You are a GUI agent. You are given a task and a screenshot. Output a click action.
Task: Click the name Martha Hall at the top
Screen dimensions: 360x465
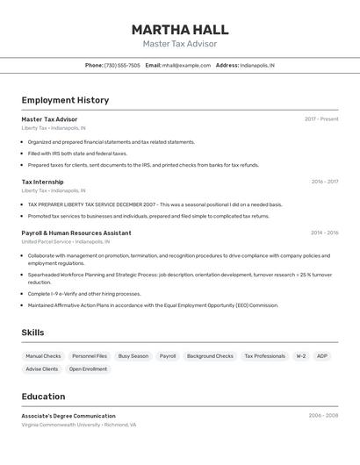pyautogui.click(x=179, y=29)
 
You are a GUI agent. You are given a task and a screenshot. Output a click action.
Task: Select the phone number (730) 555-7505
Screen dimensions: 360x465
pyautogui.click(x=122, y=65)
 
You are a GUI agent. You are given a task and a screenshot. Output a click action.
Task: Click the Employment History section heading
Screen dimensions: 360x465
pyautogui.click(x=65, y=100)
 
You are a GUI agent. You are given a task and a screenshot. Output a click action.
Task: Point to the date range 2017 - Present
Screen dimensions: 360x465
pyautogui.click(x=321, y=119)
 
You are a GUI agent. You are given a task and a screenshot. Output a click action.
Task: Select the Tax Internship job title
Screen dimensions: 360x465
pyautogui.click(x=43, y=182)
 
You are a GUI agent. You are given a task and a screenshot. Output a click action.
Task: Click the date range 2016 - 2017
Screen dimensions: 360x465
pyautogui.click(x=324, y=182)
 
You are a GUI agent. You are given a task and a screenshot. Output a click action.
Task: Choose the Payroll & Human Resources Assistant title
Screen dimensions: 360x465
pyautogui.click(x=76, y=233)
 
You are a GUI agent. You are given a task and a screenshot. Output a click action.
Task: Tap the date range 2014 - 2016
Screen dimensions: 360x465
pyautogui.click(x=324, y=233)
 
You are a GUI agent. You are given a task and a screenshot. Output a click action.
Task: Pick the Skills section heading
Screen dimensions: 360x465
pyautogui.click(x=32, y=333)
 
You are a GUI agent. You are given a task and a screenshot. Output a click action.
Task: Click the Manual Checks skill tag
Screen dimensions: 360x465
pyautogui.click(x=43, y=356)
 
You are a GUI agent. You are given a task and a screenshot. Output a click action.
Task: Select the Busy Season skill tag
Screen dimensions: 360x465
pyautogui.click(x=133, y=356)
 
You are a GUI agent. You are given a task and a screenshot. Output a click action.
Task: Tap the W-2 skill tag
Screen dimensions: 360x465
pyautogui.click(x=300, y=356)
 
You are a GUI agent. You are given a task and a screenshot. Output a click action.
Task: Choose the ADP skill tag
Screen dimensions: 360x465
pyautogui.click(x=322, y=356)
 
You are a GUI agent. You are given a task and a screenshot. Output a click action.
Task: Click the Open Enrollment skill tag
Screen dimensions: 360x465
pyautogui.click(x=88, y=369)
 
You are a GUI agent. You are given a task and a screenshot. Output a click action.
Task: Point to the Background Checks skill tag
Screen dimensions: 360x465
pyautogui.click(x=210, y=356)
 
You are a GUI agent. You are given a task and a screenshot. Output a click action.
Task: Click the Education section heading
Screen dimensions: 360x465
pyautogui.click(x=43, y=397)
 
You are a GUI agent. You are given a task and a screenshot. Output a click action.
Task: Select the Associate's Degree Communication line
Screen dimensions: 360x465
pyautogui.click(x=68, y=416)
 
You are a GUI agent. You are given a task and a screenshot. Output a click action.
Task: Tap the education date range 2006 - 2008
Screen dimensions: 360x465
pyautogui.click(x=323, y=416)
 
